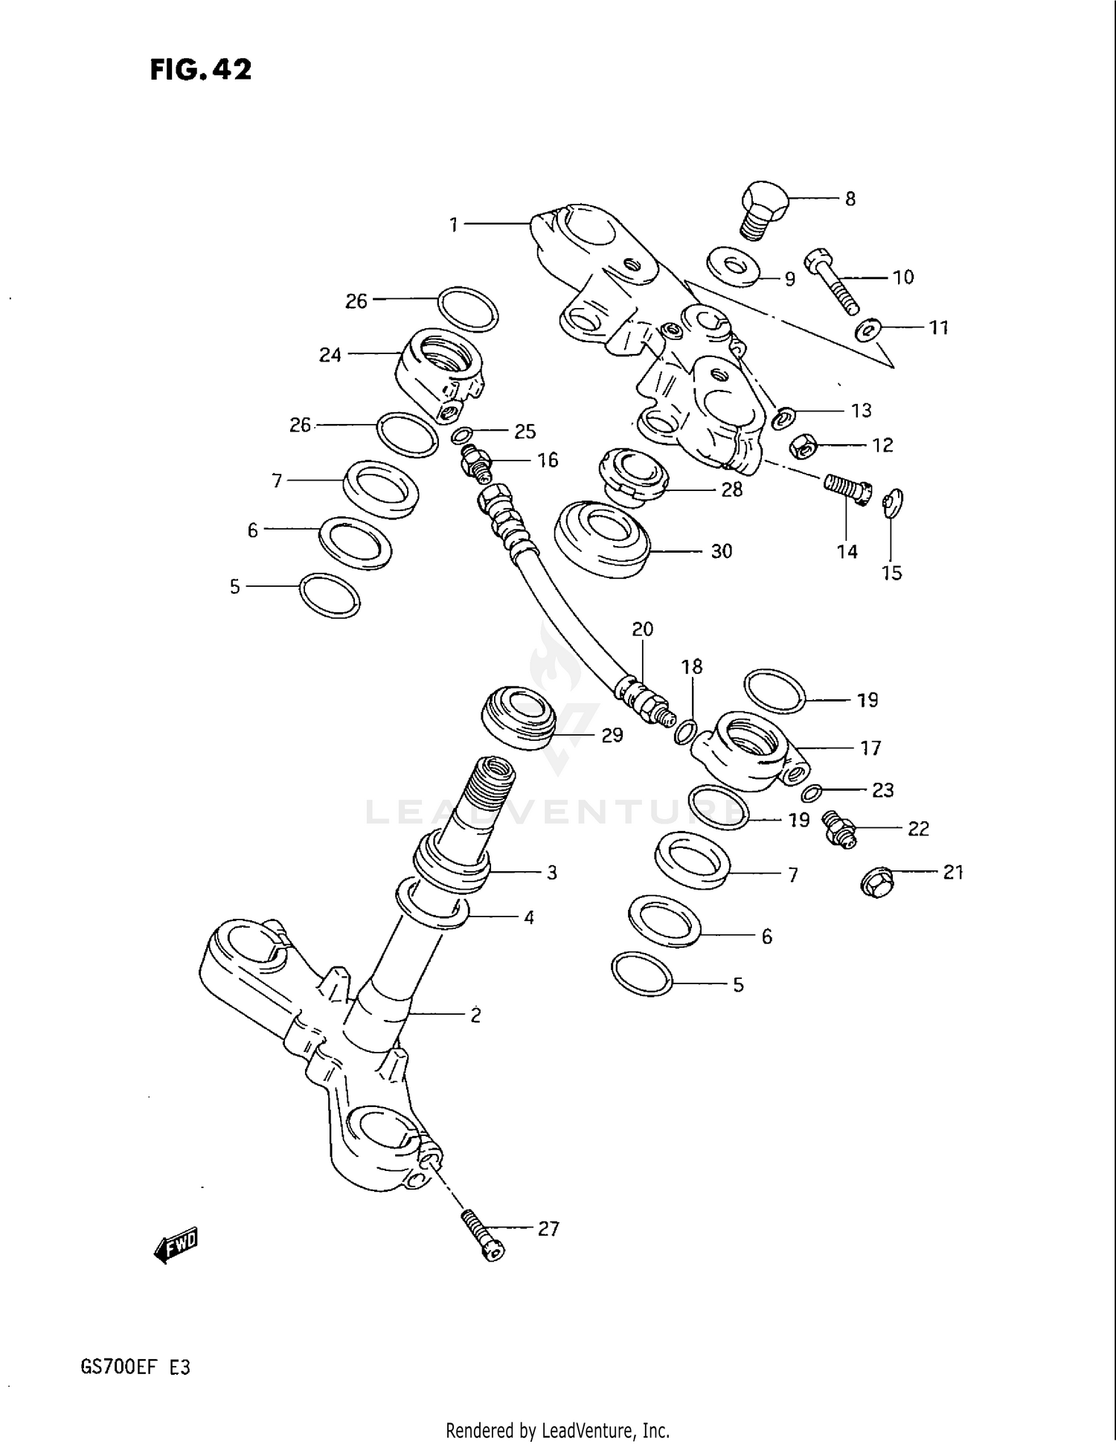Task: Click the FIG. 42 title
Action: (x=201, y=69)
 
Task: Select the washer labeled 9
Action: (x=733, y=266)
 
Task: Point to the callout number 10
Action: (x=902, y=277)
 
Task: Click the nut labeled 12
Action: (x=804, y=445)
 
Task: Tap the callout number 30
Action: (x=721, y=551)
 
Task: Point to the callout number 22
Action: (x=918, y=829)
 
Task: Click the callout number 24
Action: (x=330, y=356)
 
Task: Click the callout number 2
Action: (x=475, y=1015)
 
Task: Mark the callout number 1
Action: (x=453, y=224)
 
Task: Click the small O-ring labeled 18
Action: (x=685, y=732)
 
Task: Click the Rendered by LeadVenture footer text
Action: (x=557, y=1430)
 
